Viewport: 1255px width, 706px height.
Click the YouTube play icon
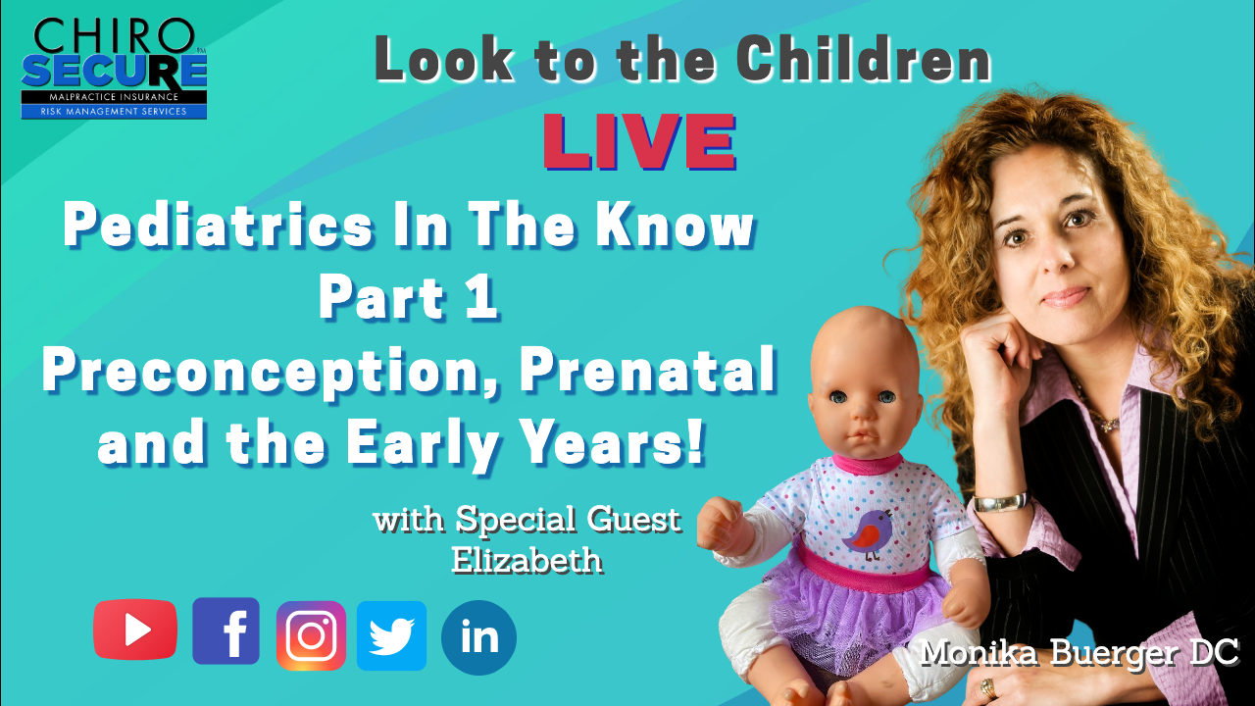click(x=135, y=630)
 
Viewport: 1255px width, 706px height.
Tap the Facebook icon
click(x=226, y=630)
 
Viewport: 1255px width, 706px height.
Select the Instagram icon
click(x=311, y=635)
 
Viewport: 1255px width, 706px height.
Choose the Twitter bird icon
click(x=391, y=635)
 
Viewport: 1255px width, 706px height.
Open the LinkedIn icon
click(x=478, y=637)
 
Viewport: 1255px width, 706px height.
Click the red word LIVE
click(x=639, y=142)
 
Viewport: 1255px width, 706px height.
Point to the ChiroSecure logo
click(x=115, y=69)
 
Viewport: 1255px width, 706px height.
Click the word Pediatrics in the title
click(x=218, y=225)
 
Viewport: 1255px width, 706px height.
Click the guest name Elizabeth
click(x=527, y=559)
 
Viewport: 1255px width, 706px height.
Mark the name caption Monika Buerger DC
click(x=1079, y=653)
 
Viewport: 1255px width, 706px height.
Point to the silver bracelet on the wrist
click(x=1002, y=501)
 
